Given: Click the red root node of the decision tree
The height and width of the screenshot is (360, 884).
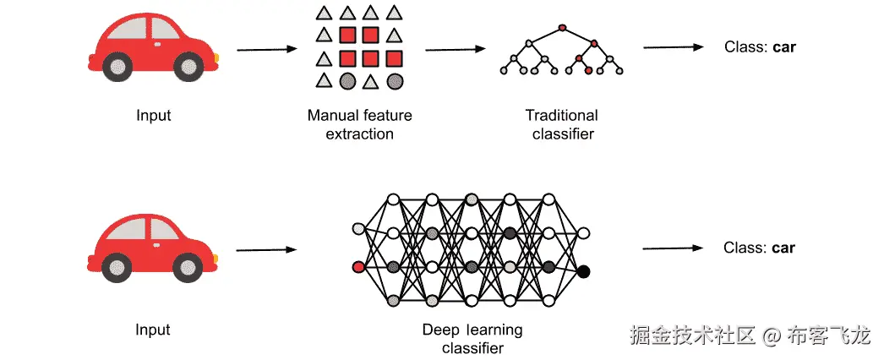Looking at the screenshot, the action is pyautogui.click(x=561, y=27).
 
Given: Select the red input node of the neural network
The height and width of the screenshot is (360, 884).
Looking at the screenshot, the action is pyautogui.click(x=358, y=266).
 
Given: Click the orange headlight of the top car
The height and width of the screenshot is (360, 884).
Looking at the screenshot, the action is pyautogui.click(x=216, y=57).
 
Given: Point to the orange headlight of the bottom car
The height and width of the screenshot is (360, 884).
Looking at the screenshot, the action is pyautogui.click(x=216, y=259).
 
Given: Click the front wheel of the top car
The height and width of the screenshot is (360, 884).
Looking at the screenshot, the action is pyautogui.click(x=188, y=67).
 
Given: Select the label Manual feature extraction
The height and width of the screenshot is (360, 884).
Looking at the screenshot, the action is pyautogui.click(x=360, y=125).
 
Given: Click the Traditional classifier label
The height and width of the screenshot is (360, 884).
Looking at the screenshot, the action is pyautogui.click(x=562, y=125).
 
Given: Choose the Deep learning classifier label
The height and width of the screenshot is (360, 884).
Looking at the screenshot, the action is pyautogui.click(x=472, y=338).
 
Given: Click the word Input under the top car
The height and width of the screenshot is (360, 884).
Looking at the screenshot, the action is pyautogui.click(x=153, y=116).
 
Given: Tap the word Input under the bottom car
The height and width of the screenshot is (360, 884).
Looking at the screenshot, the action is pyautogui.click(x=153, y=330).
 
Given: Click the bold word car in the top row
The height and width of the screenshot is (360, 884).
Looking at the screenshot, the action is pyautogui.click(x=784, y=47).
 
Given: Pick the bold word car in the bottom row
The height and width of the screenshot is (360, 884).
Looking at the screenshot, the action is pyautogui.click(x=783, y=248).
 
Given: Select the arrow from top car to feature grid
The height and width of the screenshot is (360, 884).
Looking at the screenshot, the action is pyautogui.click(x=267, y=50).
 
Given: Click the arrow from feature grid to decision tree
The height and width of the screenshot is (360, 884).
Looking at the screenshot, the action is pyautogui.click(x=456, y=50).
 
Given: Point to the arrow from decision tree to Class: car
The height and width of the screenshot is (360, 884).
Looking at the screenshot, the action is pyautogui.click(x=674, y=47).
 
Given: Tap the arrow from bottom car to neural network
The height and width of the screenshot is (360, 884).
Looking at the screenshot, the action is pyautogui.click(x=267, y=249).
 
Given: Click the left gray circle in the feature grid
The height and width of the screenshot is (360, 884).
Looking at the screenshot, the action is pyautogui.click(x=347, y=82).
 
